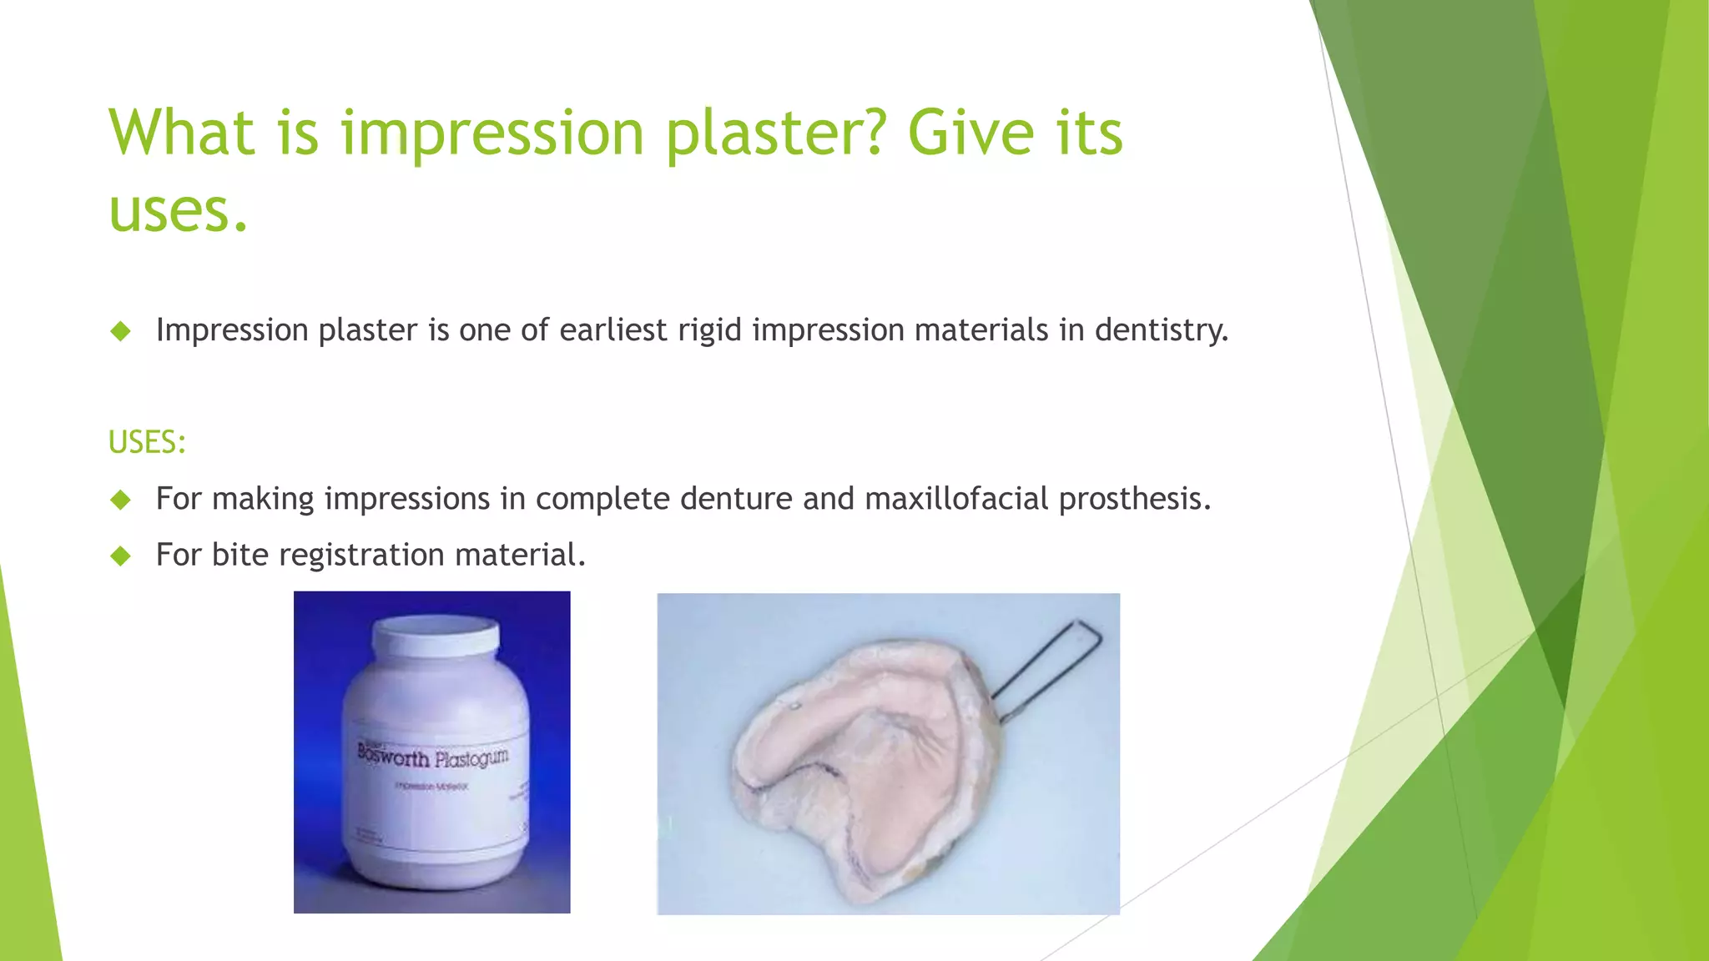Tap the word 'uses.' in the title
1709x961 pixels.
[179, 210]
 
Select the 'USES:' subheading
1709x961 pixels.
[147, 442]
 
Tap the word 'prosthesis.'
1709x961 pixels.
[1135, 499]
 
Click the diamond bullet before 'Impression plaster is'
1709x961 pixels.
[121, 331]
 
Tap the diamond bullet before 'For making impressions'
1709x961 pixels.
[121, 500]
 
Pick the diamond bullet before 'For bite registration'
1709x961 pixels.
[121, 556]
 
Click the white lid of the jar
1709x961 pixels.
[436, 634]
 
